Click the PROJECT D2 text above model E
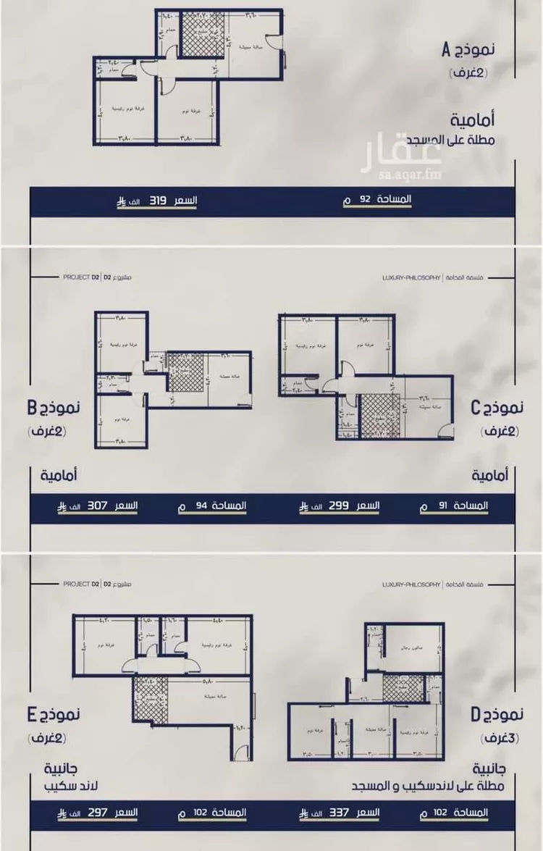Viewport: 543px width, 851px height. pos(80,277)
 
